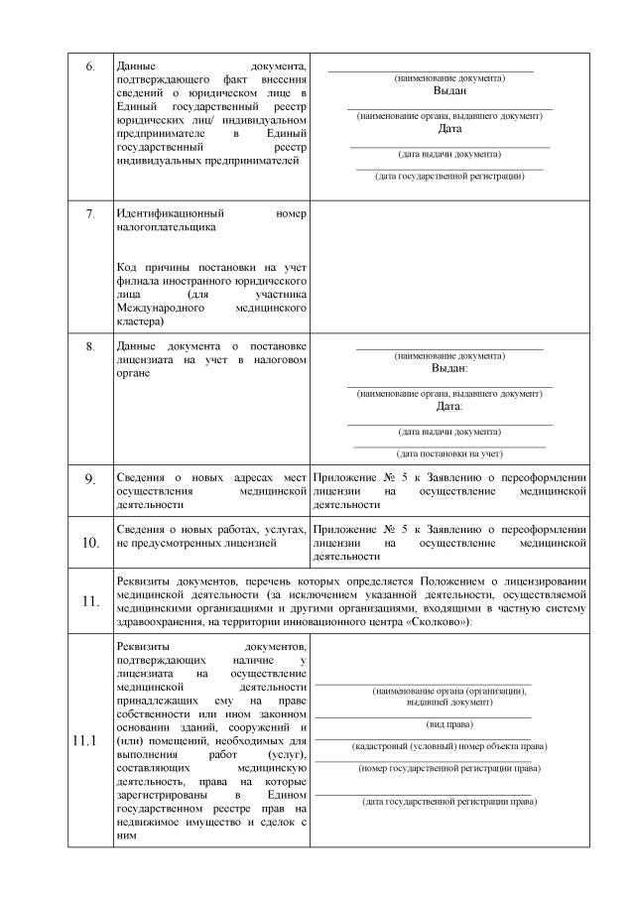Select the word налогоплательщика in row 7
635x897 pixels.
[166, 227]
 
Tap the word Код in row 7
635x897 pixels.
[126, 267]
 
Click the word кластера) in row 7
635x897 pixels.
[140, 321]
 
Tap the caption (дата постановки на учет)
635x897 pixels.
[449, 453]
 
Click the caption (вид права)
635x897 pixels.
[449, 723]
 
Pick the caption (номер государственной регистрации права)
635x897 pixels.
[449, 768]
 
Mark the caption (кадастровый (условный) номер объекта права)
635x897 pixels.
[449, 745]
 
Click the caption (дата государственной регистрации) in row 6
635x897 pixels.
[449, 177]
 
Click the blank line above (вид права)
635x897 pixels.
[424, 716]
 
